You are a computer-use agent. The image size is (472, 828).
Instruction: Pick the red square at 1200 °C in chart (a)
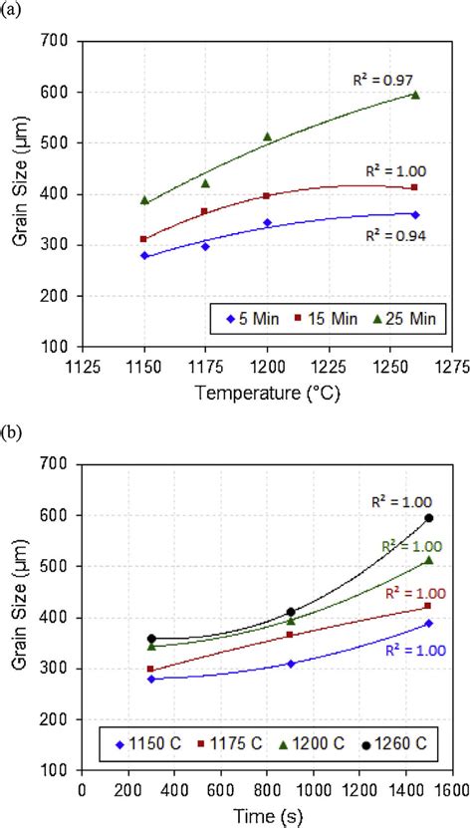(x=267, y=195)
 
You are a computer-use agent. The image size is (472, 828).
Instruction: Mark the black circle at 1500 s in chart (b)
(x=429, y=518)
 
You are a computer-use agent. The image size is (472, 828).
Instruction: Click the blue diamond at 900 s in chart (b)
(x=291, y=664)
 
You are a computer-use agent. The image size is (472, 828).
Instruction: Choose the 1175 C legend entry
(x=232, y=743)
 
